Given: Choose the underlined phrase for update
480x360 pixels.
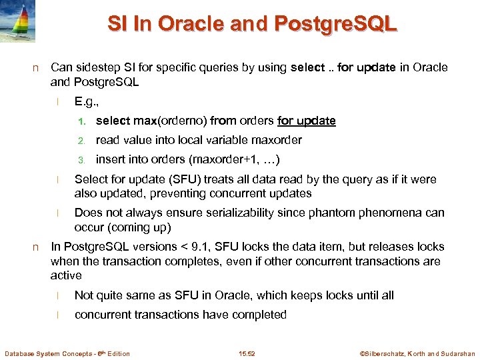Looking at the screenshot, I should [306, 121].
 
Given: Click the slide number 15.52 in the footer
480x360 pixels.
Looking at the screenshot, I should [247, 353].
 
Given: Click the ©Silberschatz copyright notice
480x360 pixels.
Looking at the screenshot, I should [417, 353].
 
